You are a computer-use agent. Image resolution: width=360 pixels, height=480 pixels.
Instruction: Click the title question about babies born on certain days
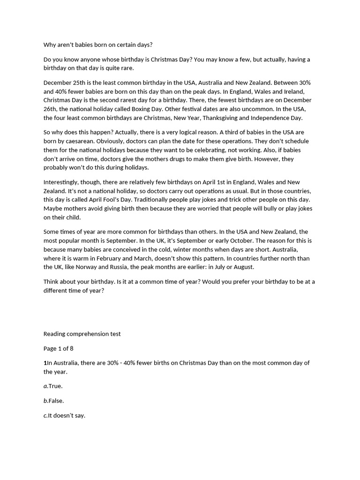tap(98, 45)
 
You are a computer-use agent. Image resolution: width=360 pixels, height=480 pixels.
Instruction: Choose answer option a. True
tap(53, 386)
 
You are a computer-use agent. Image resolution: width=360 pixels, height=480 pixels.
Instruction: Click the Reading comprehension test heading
tap(82, 334)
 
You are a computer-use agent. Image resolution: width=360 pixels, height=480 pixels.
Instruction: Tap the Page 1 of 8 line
tap(59, 349)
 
